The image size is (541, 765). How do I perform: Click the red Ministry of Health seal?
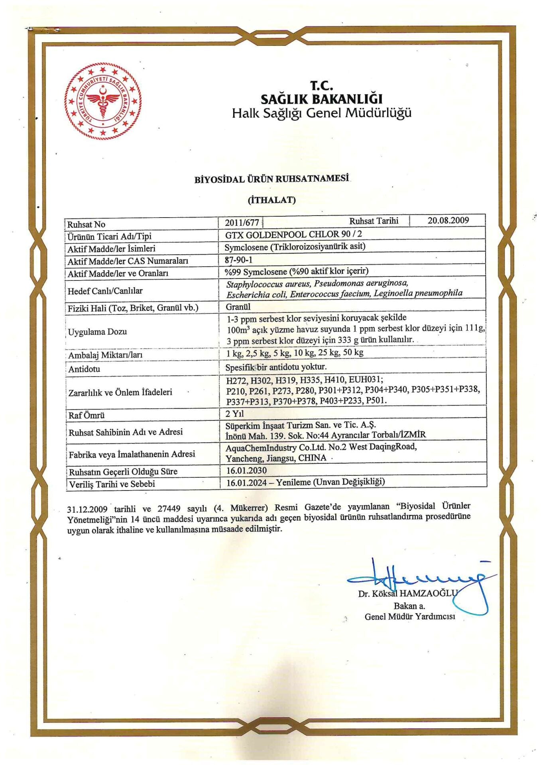click(x=103, y=102)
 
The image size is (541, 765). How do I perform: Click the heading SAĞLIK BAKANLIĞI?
click(x=321, y=99)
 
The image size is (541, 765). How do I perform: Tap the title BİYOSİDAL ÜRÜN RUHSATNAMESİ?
click(x=271, y=179)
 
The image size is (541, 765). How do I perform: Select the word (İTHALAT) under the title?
click(x=271, y=200)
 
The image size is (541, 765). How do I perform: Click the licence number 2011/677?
click(x=242, y=223)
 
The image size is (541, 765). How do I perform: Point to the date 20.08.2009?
click(x=448, y=220)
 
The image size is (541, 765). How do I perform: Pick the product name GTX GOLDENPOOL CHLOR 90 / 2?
click(x=293, y=234)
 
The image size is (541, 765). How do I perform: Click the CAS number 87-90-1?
click(x=238, y=260)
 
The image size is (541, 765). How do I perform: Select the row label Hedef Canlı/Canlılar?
click(x=105, y=291)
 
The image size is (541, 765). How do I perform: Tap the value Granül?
click(x=238, y=307)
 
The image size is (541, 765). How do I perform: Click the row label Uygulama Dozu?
click(x=97, y=331)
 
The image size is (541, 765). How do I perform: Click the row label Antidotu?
click(x=84, y=369)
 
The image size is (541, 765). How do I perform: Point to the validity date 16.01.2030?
click(x=246, y=470)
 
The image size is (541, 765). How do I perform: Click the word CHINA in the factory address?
click(x=312, y=458)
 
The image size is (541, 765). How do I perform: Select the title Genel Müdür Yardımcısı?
click(x=410, y=617)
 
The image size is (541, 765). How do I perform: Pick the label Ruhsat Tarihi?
click(x=374, y=221)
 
